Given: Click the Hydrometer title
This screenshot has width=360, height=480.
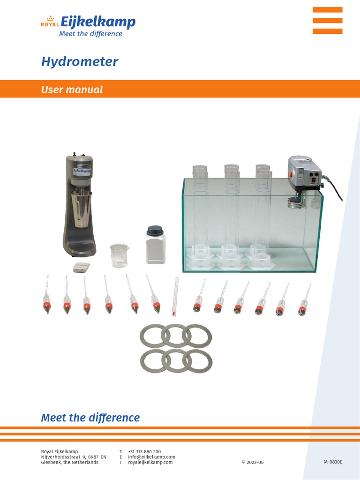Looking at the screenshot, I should click(x=79, y=61).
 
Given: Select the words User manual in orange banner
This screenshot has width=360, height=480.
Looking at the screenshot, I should click(x=72, y=90).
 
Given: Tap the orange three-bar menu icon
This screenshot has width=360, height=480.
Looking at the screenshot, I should click(x=327, y=21).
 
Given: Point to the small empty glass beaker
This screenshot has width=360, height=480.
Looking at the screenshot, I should click(x=119, y=256).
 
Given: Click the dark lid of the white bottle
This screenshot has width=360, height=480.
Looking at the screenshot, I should click(x=155, y=230).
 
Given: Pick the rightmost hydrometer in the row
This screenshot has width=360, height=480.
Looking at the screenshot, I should click(x=304, y=300).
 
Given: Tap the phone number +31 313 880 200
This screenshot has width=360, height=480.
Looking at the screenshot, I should click(x=144, y=451).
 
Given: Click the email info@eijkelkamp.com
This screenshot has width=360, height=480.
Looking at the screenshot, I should click(x=151, y=457).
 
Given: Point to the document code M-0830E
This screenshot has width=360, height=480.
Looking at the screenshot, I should click(x=333, y=462).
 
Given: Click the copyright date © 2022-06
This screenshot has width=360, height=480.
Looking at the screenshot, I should click(x=252, y=462).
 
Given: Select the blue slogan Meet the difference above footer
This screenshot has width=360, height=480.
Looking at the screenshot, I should click(x=90, y=417).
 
